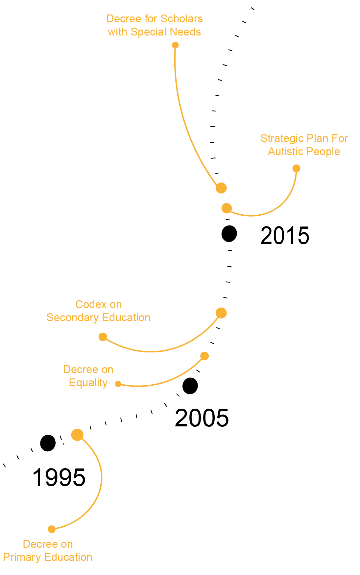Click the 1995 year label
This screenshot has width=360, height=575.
coord(59,477)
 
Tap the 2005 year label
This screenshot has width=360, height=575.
coord(202,418)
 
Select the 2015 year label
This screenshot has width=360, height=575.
coord(285,236)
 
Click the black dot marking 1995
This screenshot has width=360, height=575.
coord(48,443)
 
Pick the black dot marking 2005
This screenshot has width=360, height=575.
coord(190,386)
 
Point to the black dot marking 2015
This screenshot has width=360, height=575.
coord(229,234)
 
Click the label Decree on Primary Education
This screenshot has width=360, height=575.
coord(48,551)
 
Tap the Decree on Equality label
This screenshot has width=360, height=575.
coord(88,376)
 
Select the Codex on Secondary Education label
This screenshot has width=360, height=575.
coord(98,311)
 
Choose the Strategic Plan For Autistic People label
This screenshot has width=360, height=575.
coord(304,145)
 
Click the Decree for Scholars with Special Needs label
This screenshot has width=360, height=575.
coord(155,25)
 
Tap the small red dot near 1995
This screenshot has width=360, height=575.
coord(63,444)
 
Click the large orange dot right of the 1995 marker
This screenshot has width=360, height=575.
coord(77,435)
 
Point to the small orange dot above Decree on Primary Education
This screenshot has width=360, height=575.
coord(52,529)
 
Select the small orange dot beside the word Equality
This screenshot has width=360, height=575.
coord(118,384)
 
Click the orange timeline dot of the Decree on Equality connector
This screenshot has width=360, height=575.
coord(204,356)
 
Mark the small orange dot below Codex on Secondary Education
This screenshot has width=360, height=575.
coord(103,337)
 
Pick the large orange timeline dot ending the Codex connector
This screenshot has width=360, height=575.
coord(221,313)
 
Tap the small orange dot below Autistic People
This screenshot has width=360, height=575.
coord(296,168)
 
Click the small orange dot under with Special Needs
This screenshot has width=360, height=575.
coord(175,45)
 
